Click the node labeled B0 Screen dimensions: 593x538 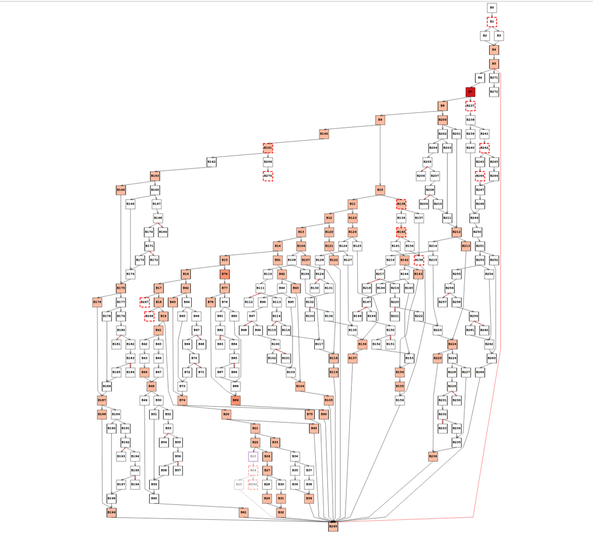coord(492,8)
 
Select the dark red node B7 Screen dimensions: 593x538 coord(470,92)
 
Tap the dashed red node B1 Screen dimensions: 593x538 coord(492,22)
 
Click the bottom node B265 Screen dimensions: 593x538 coord(334,527)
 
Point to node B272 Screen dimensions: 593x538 coord(494,92)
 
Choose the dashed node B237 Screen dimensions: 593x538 coord(470,106)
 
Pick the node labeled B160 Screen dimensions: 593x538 coord(324,133)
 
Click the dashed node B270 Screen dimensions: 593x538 coord(268,176)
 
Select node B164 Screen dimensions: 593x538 coord(121,190)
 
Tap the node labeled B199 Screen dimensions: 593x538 coord(112,513)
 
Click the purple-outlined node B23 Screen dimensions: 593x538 coord(254,456)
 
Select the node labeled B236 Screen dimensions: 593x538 coord(433,456)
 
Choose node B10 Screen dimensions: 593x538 coord(380,190)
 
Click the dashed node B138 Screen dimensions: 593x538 coord(401,204)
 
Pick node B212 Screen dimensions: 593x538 coord(457,232)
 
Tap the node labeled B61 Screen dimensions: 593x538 coord(243,513)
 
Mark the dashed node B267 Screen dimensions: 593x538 coord(145,301)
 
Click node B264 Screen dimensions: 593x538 coord(480,372)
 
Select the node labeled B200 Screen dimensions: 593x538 coord(442,120)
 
